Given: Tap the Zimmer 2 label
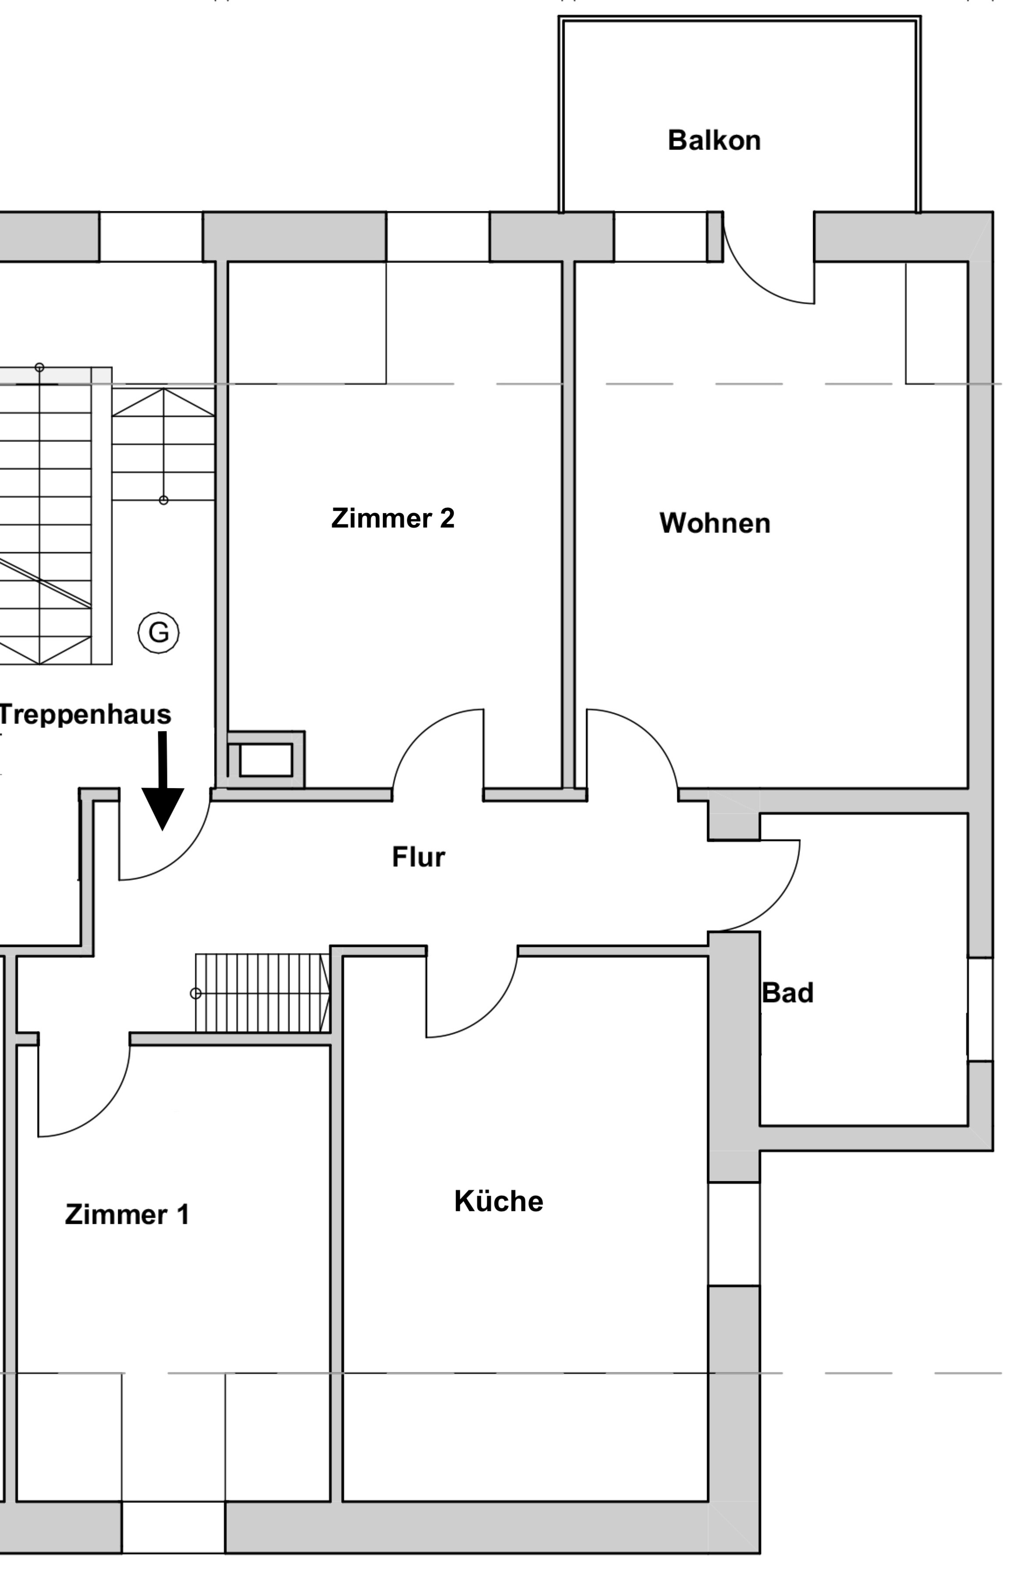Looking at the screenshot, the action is point(393,518).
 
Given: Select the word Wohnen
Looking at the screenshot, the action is point(715,523).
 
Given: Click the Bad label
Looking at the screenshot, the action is point(787,993).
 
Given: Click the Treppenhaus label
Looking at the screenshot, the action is point(85,715).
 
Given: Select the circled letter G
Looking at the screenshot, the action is point(159,633).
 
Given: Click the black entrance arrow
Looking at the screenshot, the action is point(163,781).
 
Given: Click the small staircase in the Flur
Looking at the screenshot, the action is point(262,993).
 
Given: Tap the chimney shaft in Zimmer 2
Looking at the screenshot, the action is point(266,760).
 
